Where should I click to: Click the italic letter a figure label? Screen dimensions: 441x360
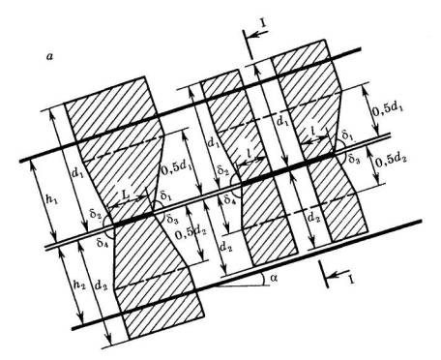pyautogui.click(x=49, y=57)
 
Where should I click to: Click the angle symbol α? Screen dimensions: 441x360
pyautogui.click(x=274, y=278)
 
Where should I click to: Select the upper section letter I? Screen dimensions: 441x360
pyautogui.click(x=264, y=25)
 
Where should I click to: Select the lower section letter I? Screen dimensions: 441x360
pyautogui.click(x=351, y=278)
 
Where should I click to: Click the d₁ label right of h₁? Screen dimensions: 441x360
pyautogui.click(x=76, y=173)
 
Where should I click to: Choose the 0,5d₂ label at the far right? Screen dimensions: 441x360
pyautogui.click(x=391, y=161)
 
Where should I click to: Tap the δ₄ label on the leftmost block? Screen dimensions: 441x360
pyautogui.click(x=102, y=242)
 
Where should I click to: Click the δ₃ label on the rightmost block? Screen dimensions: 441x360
pyautogui.click(x=354, y=159)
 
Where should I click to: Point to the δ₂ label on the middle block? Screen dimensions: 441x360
pyautogui.click(x=223, y=170)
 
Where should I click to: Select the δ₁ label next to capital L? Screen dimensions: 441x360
pyautogui.click(x=165, y=195)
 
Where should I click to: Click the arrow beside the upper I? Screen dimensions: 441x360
pyautogui.click(x=258, y=34)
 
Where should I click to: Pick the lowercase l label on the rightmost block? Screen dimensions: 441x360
pyautogui.click(x=313, y=130)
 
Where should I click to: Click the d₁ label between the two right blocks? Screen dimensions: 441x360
pyautogui.click(x=282, y=122)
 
